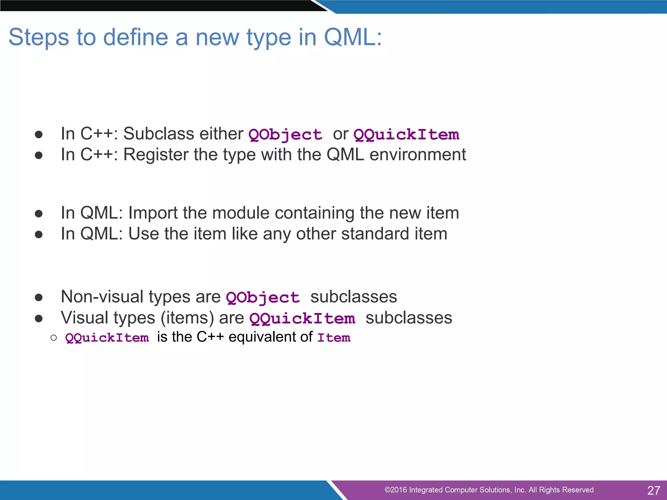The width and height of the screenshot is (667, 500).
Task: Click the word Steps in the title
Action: [38, 37]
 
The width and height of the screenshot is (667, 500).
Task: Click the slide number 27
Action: [653, 490]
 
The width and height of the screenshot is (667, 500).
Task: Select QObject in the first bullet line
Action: [285, 135]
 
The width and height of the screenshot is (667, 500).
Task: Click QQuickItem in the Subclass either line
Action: [406, 135]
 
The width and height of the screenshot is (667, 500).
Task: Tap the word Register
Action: [156, 155]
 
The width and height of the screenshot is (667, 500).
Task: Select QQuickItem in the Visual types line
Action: [302, 318]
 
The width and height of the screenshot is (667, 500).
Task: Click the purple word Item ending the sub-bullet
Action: [334, 338]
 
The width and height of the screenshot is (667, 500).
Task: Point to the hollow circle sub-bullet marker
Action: [54, 338]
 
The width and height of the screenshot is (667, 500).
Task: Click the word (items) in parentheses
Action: [187, 318]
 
